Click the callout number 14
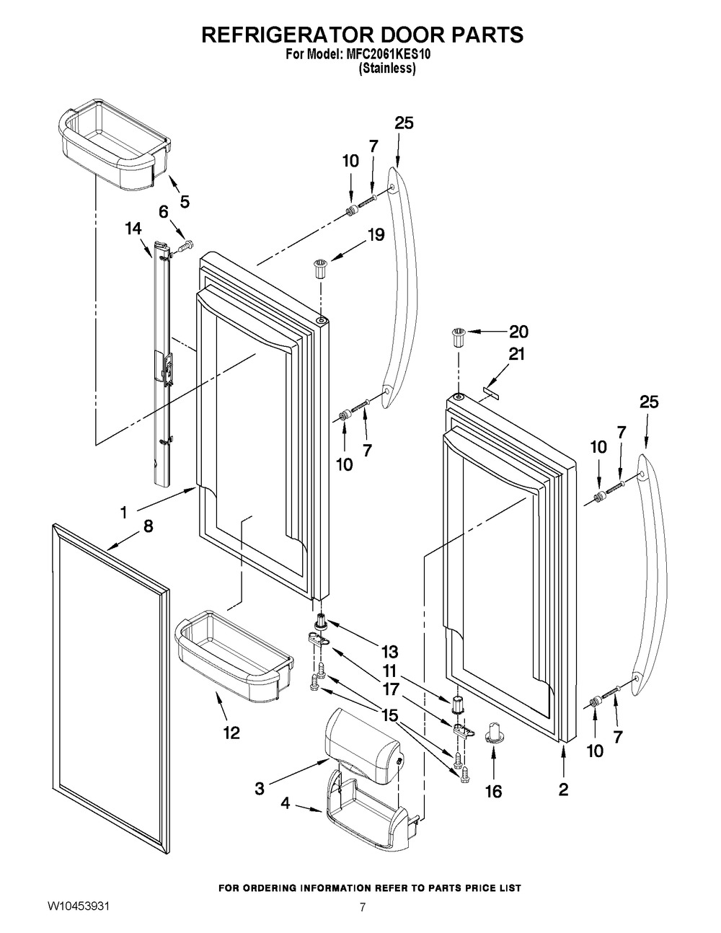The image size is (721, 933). pyautogui.click(x=133, y=229)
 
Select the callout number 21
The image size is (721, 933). pyautogui.click(x=517, y=354)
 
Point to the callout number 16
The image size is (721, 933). pyautogui.click(x=492, y=791)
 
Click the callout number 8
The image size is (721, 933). pyautogui.click(x=148, y=526)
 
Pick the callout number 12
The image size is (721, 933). pyautogui.click(x=231, y=733)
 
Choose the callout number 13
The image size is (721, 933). pyautogui.click(x=389, y=652)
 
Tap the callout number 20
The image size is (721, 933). pyautogui.click(x=518, y=332)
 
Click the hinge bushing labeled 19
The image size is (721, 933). pyautogui.click(x=320, y=268)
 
